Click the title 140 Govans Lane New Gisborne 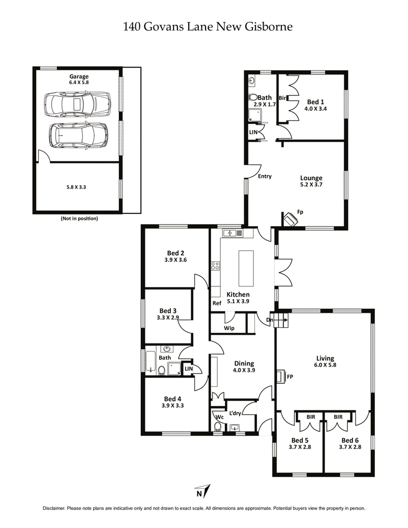coord(208,27)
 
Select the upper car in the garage coord(77,104)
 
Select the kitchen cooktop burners coord(215,266)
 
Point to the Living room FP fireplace coord(281,377)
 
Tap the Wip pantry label coord(229,329)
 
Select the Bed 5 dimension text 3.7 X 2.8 coord(300,448)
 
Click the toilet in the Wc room coord(218,427)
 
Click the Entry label coord(264,176)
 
